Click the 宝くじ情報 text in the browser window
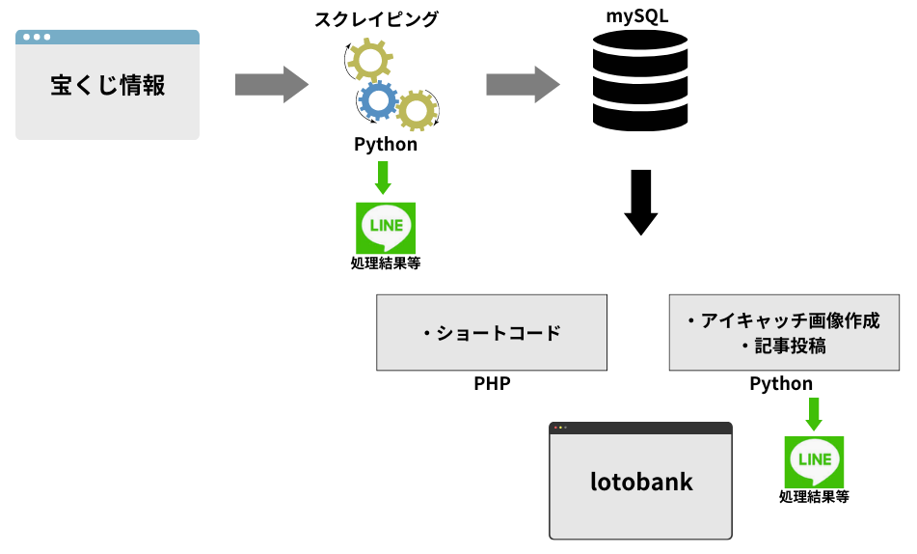click(108, 86)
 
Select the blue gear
click(377, 99)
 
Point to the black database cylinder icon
click(640, 81)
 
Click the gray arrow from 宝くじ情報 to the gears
click(271, 85)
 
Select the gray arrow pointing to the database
click(523, 85)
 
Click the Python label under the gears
click(386, 145)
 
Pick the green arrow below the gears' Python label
click(383, 179)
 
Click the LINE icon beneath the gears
click(386, 228)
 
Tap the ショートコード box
click(492, 333)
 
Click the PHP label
click(492, 384)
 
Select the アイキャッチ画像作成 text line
click(783, 321)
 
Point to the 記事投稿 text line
click(783, 346)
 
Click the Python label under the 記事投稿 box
click(782, 384)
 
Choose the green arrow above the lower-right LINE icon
click(814, 414)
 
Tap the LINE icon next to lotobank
click(815, 461)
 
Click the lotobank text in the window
click(641, 482)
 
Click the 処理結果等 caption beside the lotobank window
click(815, 498)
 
